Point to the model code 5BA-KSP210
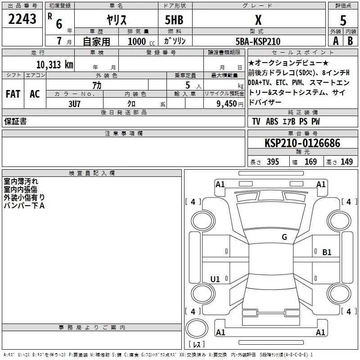click(258, 41)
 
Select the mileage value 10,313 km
click(54, 64)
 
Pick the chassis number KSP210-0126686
click(302, 143)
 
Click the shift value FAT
click(13, 94)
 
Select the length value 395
click(272, 162)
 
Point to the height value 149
click(346, 162)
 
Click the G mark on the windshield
click(284, 237)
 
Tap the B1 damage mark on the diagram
click(327, 252)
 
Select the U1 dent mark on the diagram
click(215, 279)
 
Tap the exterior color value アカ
click(96, 85)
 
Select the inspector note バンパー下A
click(24, 206)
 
